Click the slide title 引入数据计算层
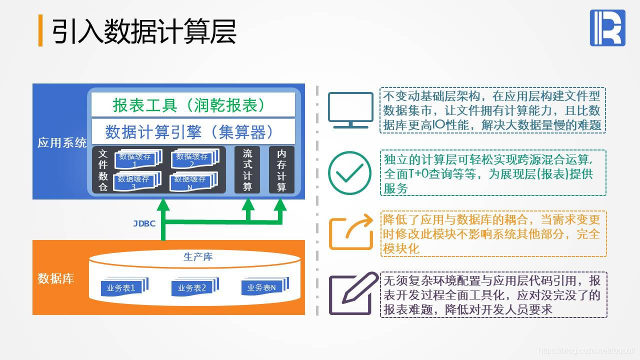[x=144, y=31]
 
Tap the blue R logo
[x=607, y=28]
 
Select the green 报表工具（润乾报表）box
[x=193, y=105]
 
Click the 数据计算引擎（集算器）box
[x=193, y=132]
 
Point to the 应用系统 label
[x=62, y=143]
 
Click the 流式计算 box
[x=247, y=170]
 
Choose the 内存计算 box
[x=281, y=170]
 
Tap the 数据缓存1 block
[x=135, y=159]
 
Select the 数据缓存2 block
[x=193, y=159]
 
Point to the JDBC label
[x=144, y=223]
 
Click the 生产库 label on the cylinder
[x=198, y=257]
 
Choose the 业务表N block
[x=260, y=287]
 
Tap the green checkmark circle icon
[x=349, y=173]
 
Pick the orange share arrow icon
[x=350, y=232]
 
